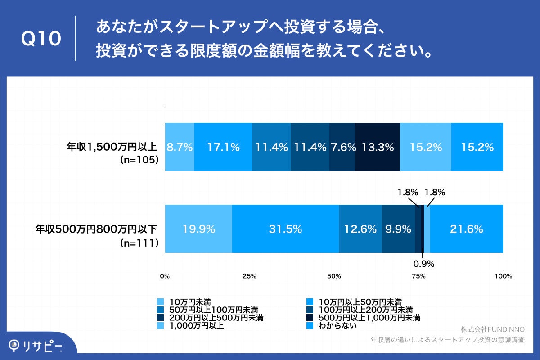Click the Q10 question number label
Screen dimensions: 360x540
pos(41,39)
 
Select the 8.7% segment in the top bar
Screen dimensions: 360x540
pos(180,147)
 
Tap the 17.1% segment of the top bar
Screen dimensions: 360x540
pos(223,147)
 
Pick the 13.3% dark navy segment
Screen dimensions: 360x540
pos(377,147)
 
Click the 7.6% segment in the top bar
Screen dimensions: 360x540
pos(342,147)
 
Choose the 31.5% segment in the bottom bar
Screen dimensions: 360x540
pos(285,229)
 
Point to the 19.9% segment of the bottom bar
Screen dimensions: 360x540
pos(198,229)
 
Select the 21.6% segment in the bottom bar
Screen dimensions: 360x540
pos(466,229)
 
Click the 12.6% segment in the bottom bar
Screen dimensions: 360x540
pos(360,229)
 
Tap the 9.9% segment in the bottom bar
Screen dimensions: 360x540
pos(398,229)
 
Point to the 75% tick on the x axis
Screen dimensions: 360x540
pos(418,276)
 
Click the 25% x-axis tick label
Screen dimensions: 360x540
pos(249,276)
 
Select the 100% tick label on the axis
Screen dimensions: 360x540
pos(503,276)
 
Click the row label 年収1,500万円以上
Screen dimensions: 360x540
pos(112,147)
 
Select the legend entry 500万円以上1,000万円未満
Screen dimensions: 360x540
pos(369,318)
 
